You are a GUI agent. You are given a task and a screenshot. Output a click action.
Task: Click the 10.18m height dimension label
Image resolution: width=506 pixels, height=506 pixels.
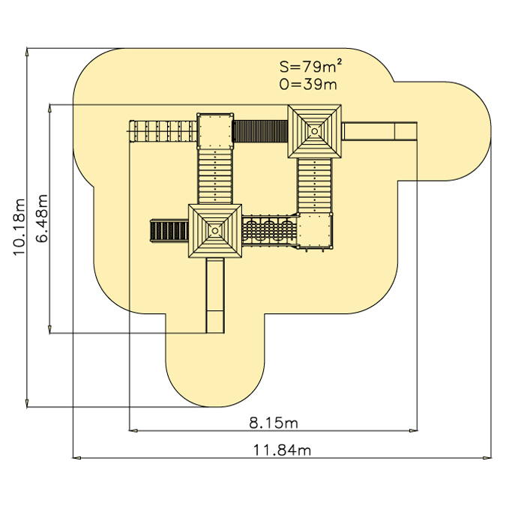pyautogui.click(x=19, y=226)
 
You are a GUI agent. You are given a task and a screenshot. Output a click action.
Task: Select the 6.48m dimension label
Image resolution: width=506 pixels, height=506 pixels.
pyautogui.click(x=42, y=218)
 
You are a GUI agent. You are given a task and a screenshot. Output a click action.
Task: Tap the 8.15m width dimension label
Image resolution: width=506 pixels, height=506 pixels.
pyautogui.click(x=274, y=423)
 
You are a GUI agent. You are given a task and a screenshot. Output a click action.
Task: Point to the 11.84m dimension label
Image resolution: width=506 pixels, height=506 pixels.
pyautogui.click(x=282, y=450)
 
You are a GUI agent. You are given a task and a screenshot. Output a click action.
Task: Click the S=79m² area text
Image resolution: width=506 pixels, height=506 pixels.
pyautogui.click(x=310, y=66)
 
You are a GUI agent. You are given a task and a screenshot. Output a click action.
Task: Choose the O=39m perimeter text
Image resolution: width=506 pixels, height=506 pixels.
pyautogui.click(x=308, y=84)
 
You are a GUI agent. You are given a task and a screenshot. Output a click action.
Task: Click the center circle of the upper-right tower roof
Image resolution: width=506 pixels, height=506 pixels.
pyautogui.click(x=314, y=131)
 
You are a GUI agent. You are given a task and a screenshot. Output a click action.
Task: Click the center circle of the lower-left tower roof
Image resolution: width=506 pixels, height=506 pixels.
pyautogui.click(x=215, y=231)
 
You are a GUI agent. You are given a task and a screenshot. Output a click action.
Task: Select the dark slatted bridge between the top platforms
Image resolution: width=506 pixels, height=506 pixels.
pyautogui.click(x=260, y=131)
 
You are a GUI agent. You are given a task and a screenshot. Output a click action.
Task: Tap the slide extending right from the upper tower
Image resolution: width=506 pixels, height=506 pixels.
pyautogui.click(x=379, y=131)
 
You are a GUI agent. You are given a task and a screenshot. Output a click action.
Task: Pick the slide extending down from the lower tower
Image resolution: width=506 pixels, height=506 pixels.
pyautogui.click(x=215, y=295)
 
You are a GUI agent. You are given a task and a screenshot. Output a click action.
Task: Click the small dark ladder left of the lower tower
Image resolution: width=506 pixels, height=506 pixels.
pyautogui.click(x=169, y=230)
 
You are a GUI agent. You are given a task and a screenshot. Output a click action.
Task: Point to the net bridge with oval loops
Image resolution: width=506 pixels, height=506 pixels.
pyautogui.click(x=270, y=230)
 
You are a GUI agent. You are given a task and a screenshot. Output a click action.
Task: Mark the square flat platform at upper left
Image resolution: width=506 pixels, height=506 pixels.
pyautogui.click(x=215, y=131)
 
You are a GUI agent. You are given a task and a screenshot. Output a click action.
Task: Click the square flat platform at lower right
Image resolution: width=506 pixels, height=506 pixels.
pyautogui.click(x=315, y=230)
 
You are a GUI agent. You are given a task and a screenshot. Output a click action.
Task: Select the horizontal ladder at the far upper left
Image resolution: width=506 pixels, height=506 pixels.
pyautogui.click(x=163, y=131)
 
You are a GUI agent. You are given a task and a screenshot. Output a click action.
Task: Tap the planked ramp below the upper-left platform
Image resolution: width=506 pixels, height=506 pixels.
pyautogui.click(x=215, y=176)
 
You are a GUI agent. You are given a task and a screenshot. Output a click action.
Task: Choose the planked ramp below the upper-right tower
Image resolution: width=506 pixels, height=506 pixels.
pyautogui.click(x=315, y=185)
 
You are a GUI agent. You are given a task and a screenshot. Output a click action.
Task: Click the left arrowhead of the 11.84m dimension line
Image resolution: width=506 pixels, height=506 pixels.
pyautogui.click(x=76, y=457)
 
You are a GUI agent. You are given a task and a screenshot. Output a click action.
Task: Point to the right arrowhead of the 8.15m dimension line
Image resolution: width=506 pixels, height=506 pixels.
pyautogui.click(x=413, y=430)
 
